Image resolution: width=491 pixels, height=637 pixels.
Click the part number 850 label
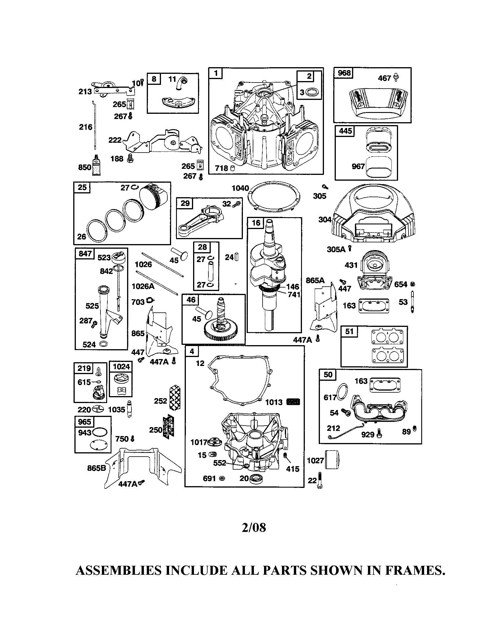coord(85,167)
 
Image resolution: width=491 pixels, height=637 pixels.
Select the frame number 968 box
coord(344,73)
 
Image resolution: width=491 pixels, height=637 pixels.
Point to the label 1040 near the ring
coord(240,188)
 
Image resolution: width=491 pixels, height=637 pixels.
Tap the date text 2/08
coord(254,527)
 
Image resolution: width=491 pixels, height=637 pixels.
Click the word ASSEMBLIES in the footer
coord(118,570)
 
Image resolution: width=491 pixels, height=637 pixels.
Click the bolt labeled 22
coord(320,480)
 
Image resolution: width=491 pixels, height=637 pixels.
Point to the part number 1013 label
coord(274,402)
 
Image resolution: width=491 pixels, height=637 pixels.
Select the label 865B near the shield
coord(96,468)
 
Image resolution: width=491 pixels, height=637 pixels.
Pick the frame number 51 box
coord(349,332)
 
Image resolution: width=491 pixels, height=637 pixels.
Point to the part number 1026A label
coord(143,286)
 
